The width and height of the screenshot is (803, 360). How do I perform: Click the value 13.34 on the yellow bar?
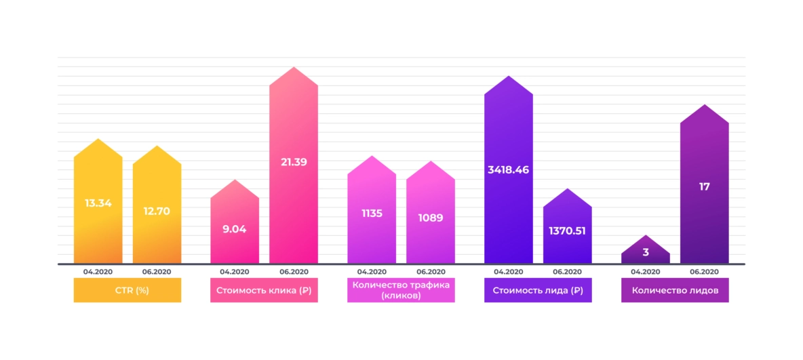(98, 203)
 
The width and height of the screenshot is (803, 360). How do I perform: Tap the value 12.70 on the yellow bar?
(157, 211)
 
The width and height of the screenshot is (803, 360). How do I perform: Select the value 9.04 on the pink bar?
(235, 229)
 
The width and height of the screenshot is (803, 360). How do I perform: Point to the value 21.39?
(294, 161)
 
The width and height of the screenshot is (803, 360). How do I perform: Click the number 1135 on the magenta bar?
(372, 214)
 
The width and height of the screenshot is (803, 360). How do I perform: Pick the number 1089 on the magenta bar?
(431, 218)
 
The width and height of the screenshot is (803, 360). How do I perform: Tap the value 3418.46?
(508, 169)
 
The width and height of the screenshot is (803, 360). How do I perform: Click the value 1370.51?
(567, 231)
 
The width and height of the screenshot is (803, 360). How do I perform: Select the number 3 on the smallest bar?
(646, 252)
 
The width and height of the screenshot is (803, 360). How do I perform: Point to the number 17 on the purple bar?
(704, 186)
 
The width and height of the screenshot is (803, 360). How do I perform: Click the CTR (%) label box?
(128, 291)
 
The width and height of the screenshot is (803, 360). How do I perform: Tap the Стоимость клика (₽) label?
(264, 291)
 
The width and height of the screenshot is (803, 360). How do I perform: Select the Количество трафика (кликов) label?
(401, 291)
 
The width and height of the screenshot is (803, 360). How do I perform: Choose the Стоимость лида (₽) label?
(538, 291)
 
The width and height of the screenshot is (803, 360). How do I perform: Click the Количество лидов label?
(675, 291)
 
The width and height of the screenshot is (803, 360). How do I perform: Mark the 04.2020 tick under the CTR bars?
(98, 271)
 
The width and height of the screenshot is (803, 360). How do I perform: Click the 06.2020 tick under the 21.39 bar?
(294, 271)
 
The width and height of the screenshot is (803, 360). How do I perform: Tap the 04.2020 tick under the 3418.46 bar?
(508, 271)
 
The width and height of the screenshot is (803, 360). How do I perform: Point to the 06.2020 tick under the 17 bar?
(704, 271)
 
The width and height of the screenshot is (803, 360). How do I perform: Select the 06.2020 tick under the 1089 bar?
(431, 271)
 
